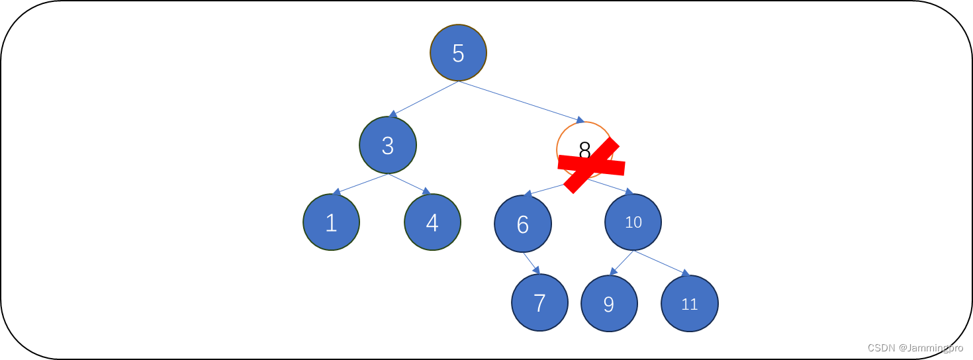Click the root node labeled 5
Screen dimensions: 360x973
[458, 53]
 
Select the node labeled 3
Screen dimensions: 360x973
[388, 145]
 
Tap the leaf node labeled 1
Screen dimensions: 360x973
[331, 222]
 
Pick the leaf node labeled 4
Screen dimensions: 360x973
[432, 222]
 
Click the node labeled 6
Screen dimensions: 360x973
[523, 224]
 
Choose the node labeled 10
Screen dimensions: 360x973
[633, 222]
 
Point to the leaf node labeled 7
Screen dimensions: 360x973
[539, 302]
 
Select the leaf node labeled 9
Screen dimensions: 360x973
[609, 304]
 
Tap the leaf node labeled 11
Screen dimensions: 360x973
[689, 304]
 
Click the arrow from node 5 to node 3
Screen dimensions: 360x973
[424, 99]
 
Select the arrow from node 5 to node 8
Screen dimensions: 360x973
[522, 102]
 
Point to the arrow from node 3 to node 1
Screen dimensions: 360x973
[361, 184]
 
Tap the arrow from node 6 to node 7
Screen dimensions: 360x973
[532, 263]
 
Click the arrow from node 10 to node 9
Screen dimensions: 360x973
[622, 263]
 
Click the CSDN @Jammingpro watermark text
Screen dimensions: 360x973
[915, 348]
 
